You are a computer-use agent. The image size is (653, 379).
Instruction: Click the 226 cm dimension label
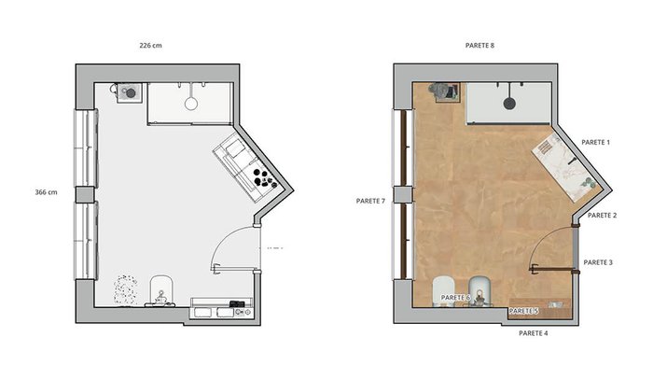click(151, 46)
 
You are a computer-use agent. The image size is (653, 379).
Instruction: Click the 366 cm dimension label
click(47, 192)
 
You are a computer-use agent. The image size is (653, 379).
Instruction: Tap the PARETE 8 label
click(479, 46)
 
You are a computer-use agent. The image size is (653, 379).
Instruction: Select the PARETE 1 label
click(595, 142)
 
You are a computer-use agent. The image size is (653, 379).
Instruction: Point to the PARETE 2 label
click(602, 215)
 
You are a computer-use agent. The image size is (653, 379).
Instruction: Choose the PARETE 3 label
click(598, 262)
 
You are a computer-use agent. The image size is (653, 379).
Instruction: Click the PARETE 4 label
click(534, 333)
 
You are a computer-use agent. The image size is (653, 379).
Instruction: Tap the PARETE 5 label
click(524, 311)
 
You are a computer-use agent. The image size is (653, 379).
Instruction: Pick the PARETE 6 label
click(455, 298)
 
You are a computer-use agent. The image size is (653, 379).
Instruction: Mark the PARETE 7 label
click(370, 201)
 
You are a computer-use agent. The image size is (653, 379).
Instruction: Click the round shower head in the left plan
click(191, 103)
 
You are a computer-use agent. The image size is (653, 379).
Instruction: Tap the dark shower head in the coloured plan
click(509, 103)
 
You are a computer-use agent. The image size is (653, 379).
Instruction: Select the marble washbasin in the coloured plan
click(567, 168)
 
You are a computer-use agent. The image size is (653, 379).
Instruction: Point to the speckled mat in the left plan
click(125, 289)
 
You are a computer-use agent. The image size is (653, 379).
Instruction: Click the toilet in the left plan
click(160, 290)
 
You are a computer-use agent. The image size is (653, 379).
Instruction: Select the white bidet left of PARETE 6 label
click(443, 291)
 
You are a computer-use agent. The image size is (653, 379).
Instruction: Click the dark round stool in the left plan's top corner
click(131, 93)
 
